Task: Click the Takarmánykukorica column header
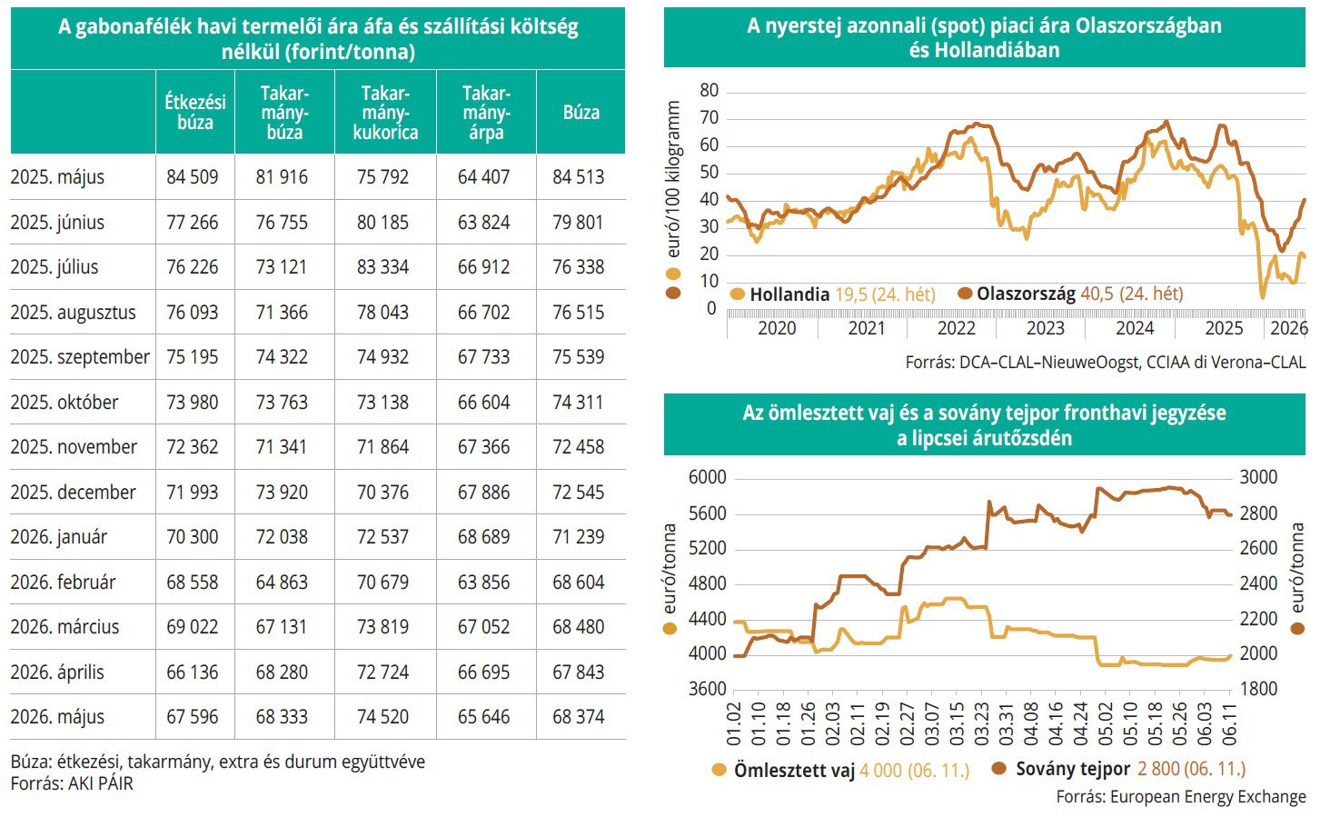pos(385,113)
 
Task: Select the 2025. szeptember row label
pos(80,357)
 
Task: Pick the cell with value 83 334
pos(383,267)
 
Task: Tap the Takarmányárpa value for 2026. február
pos(484,582)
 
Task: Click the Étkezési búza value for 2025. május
pos(193,177)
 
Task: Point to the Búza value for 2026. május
pos(579,716)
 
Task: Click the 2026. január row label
pos(59,537)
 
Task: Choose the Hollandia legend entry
pos(833,294)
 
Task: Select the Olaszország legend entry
pos(1070,294)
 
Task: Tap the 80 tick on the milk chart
pos(709,90)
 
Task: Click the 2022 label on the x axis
pos(956,328)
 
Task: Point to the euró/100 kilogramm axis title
pos(672,179)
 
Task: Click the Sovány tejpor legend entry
pos(1118,769)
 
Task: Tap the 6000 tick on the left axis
pos(707,477)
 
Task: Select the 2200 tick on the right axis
pos(1258,619)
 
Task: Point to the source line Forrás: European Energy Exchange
pos(1181,797)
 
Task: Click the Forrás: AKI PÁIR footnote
pos(72,783)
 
